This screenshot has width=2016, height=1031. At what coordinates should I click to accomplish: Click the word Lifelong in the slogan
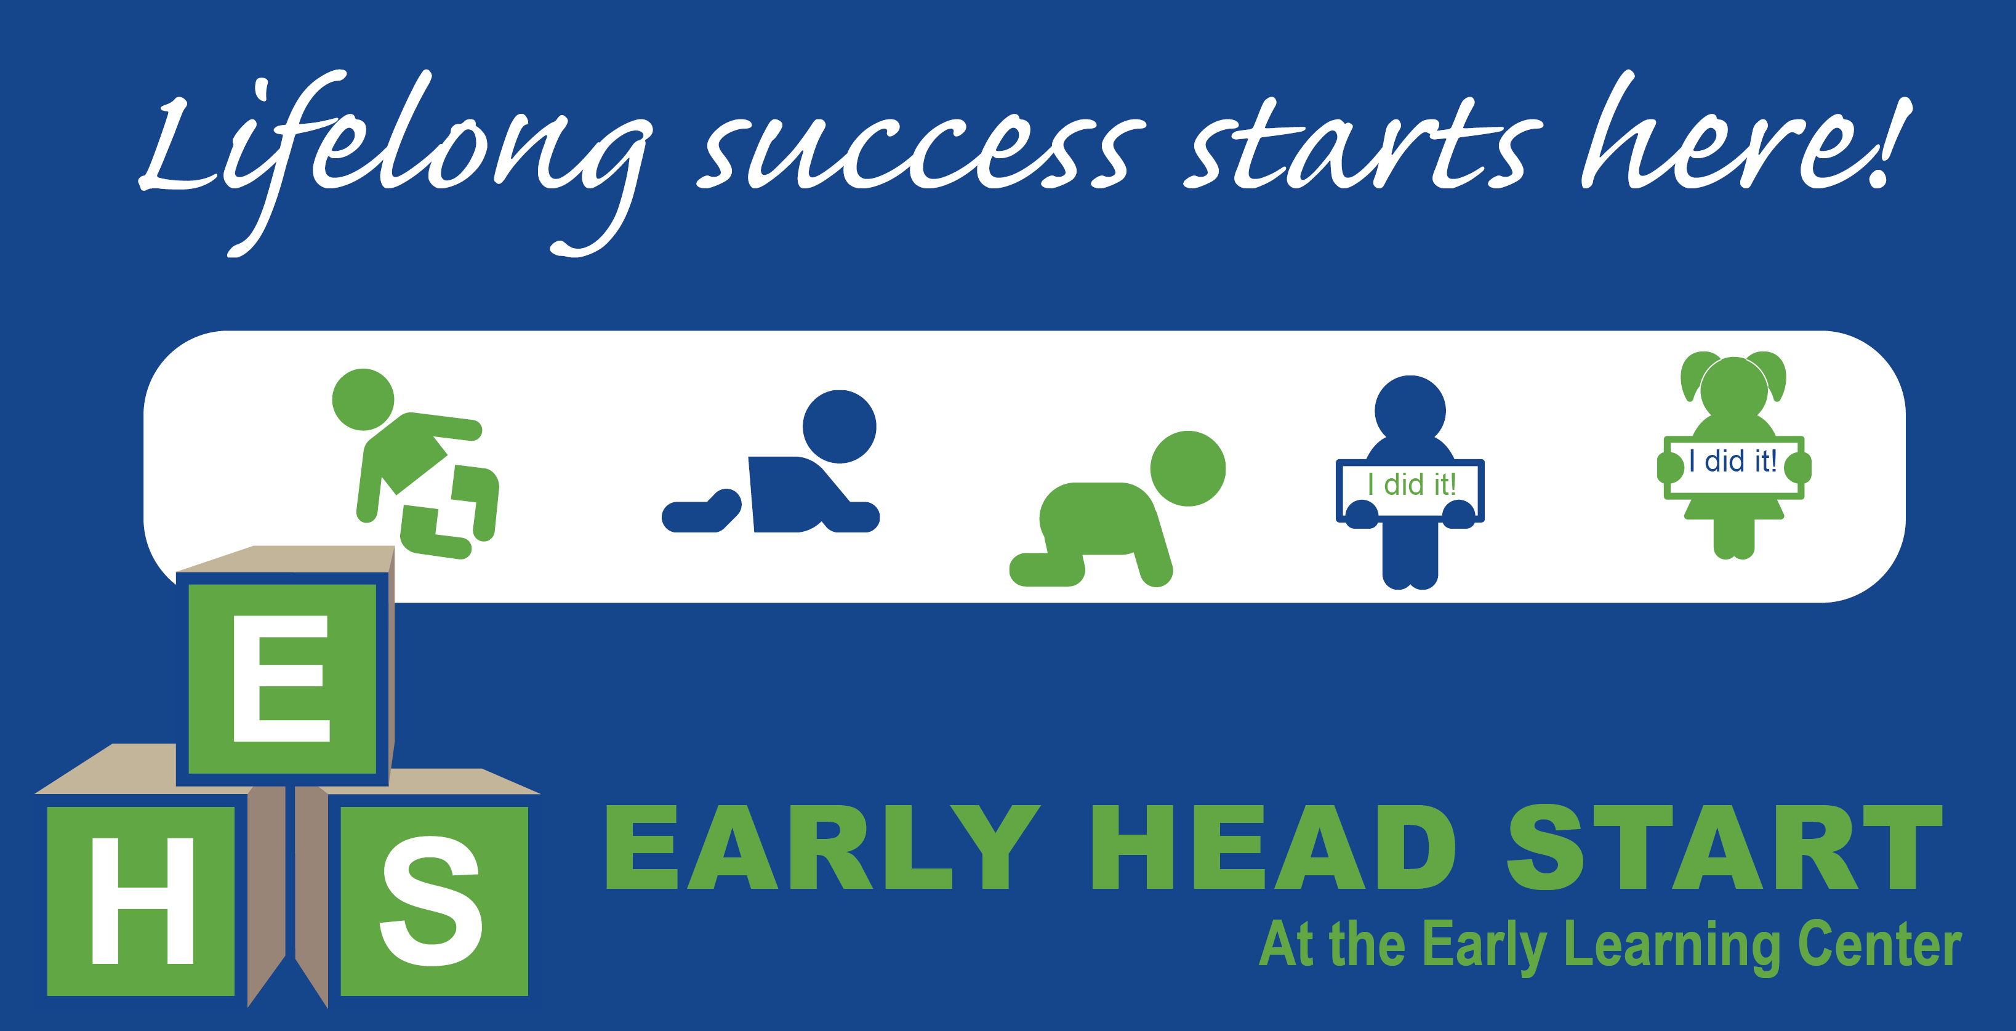392,156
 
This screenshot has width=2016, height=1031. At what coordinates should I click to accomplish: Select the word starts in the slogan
1362,145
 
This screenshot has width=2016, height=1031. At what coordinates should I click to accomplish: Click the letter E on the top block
282,678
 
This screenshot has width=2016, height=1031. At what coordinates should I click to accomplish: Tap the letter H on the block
142,901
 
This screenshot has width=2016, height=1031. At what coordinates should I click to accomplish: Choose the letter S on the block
432,901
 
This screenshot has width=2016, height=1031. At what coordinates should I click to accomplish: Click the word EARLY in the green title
822,847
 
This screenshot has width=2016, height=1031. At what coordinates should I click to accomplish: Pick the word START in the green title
1725,847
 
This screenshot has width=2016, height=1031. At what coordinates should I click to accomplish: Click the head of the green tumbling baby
363,399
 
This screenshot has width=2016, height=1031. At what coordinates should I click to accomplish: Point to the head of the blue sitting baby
839,427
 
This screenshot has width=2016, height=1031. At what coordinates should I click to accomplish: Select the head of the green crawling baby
1187,468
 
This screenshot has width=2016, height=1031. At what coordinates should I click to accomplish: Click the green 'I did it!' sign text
1411,484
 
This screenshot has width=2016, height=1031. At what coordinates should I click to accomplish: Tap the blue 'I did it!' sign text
1732,460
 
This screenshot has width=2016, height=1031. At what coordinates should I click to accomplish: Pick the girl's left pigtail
1695,374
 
